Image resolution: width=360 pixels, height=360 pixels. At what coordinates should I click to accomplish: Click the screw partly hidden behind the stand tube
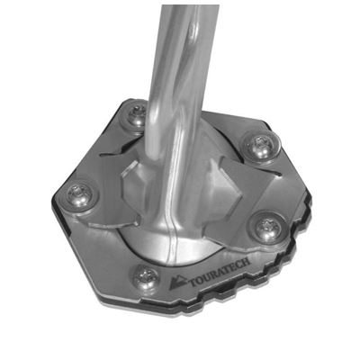click(137, 115)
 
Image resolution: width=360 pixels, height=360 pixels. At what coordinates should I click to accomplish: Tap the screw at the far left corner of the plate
click(78, 196)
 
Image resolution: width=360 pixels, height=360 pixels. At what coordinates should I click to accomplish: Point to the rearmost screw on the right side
click(261, 146)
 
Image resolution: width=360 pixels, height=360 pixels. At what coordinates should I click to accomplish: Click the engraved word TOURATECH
click(219, 274)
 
